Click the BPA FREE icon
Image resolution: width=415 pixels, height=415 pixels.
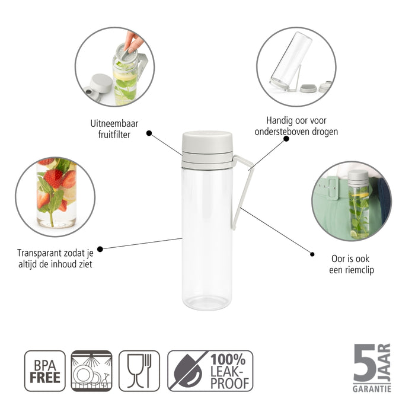(44, 371)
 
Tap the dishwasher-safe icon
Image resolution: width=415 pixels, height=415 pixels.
(91, 371)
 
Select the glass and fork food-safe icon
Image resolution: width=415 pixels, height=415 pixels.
(139, 371)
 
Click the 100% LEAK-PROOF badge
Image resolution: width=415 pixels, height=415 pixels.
(210, 371)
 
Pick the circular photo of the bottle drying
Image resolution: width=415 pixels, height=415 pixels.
(296, 66)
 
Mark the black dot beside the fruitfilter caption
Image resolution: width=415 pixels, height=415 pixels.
(149, 133)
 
